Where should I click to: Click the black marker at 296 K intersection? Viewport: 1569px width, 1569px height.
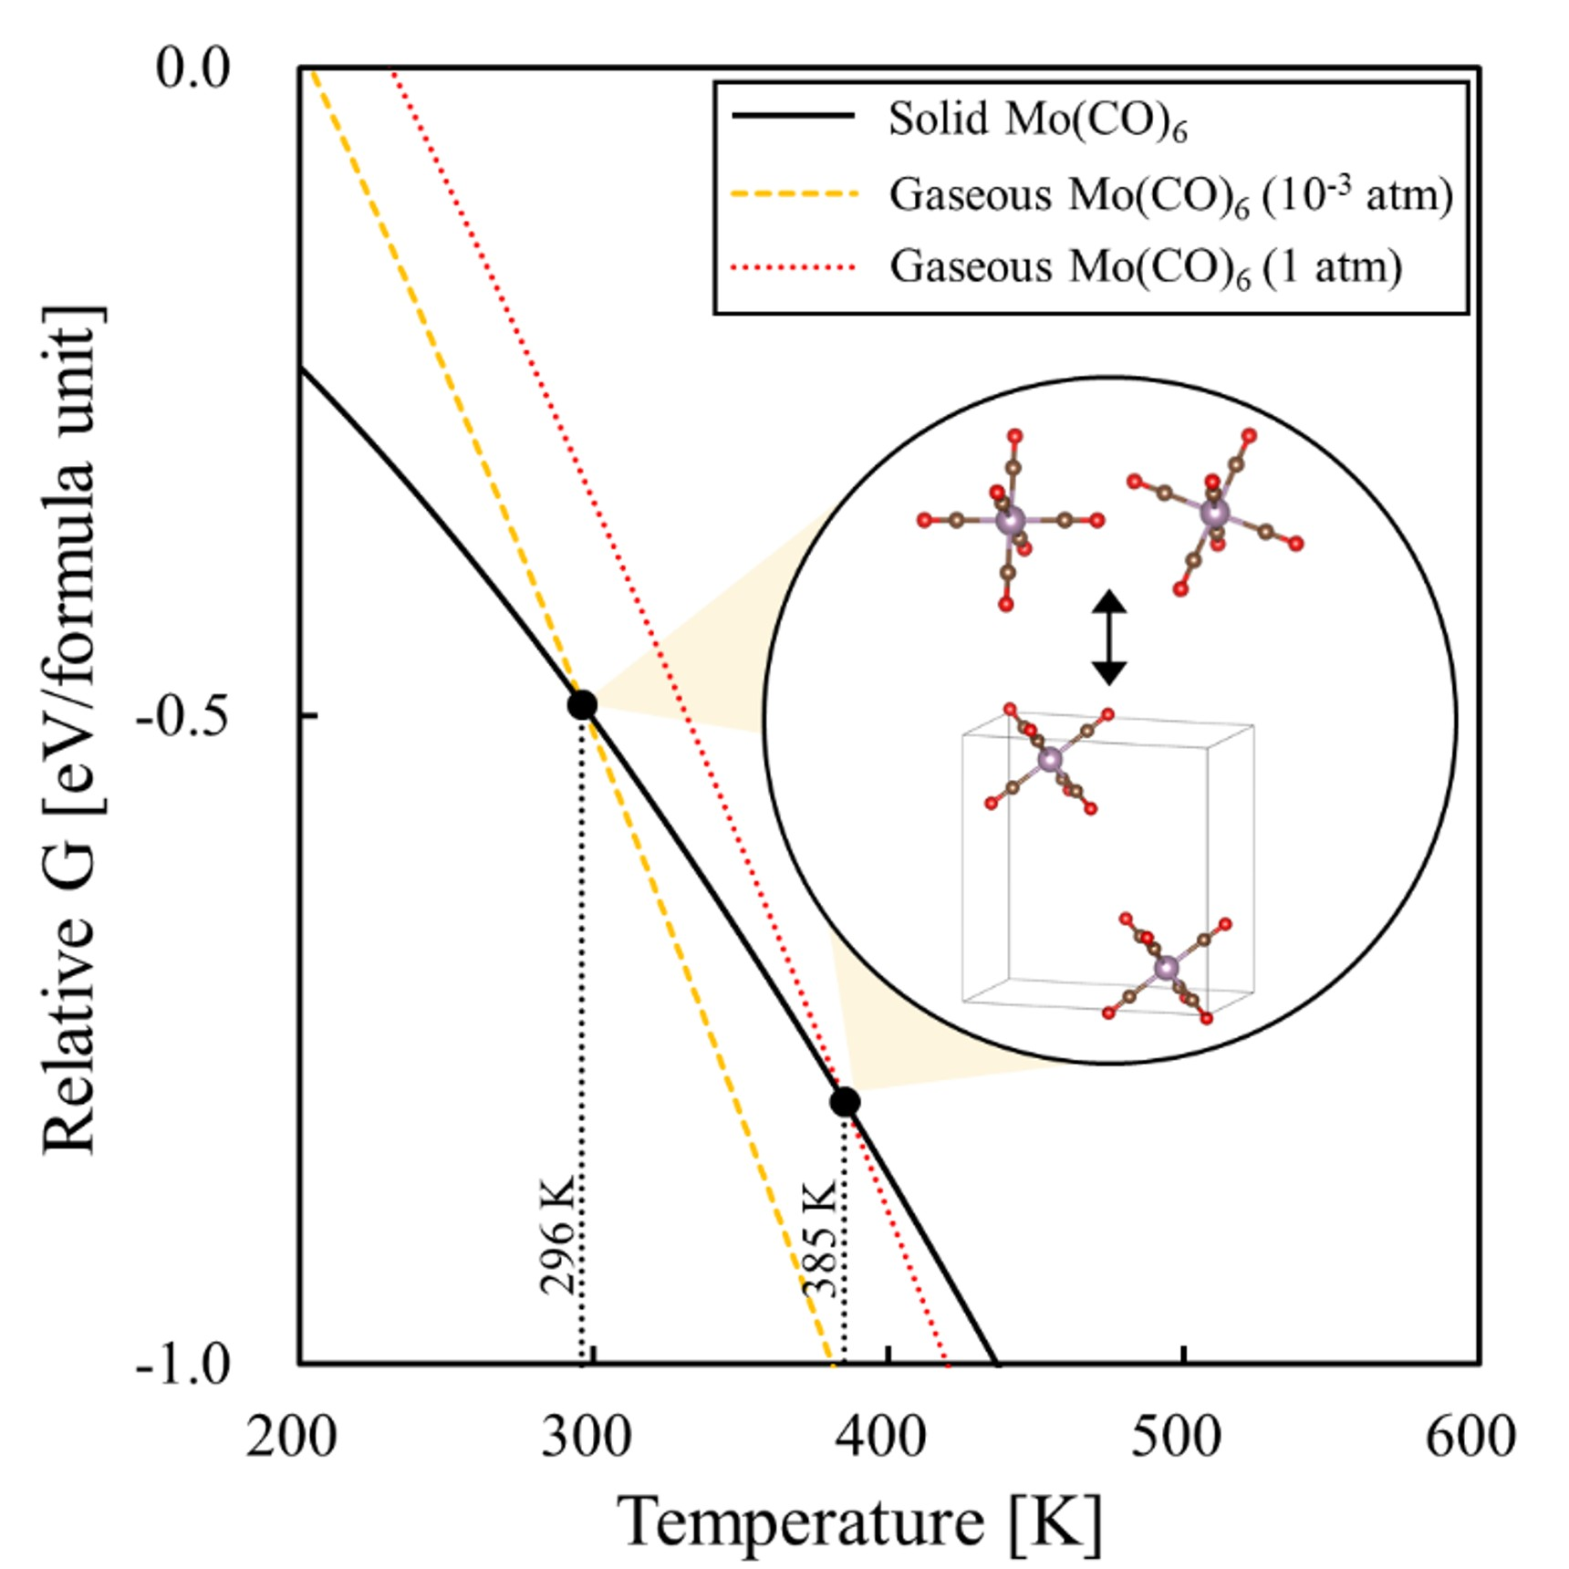point(582,705)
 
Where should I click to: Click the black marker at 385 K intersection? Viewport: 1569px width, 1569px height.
point(845,1102)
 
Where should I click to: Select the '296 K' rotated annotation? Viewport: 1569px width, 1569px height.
point(557,1235)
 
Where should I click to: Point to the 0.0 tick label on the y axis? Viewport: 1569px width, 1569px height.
point(192,68)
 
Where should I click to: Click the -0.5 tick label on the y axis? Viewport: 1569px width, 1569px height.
point(183,717)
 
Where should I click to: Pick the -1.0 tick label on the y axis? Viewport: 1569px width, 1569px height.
point(183,1366)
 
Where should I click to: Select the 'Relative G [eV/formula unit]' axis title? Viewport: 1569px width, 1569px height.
point(69,730)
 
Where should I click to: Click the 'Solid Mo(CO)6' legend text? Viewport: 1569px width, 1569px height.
point(1038,119)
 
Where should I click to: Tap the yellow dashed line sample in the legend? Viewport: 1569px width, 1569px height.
point(795,194)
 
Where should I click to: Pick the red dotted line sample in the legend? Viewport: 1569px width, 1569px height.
point(795,267)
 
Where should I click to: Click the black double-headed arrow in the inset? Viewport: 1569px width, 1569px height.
point(1109,637)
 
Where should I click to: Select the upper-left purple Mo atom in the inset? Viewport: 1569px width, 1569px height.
point(1010,521)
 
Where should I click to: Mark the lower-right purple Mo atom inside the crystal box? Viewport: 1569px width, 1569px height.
point(1167,967)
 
